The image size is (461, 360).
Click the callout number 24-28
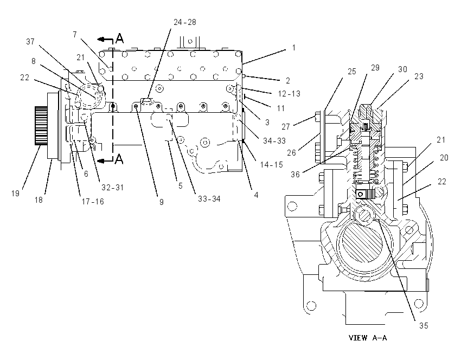184,22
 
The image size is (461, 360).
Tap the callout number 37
30,42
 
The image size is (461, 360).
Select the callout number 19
15,194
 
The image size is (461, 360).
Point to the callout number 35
424,326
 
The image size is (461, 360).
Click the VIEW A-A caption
368,338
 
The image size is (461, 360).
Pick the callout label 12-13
289,94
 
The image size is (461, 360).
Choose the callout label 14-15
271,165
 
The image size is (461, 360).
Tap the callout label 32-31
113,187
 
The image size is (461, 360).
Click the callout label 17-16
93,202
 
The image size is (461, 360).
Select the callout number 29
375,68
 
